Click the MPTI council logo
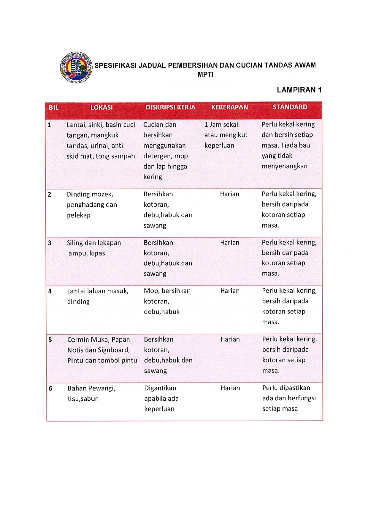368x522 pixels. [76, 68]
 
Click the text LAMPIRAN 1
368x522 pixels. [299, 90]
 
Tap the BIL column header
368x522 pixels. [54, 107]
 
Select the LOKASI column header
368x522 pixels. [101, 107]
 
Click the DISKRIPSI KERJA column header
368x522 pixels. [170, 107]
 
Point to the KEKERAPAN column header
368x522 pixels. [229, 107]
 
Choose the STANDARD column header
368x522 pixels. [290, 107]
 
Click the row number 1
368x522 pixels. [49, 125]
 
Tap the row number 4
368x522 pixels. [50, 291]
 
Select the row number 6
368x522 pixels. [50, 388]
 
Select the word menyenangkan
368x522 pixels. [284, 166]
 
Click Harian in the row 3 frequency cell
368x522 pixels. [229, 243]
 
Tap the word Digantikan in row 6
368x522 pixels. [160, 388]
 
